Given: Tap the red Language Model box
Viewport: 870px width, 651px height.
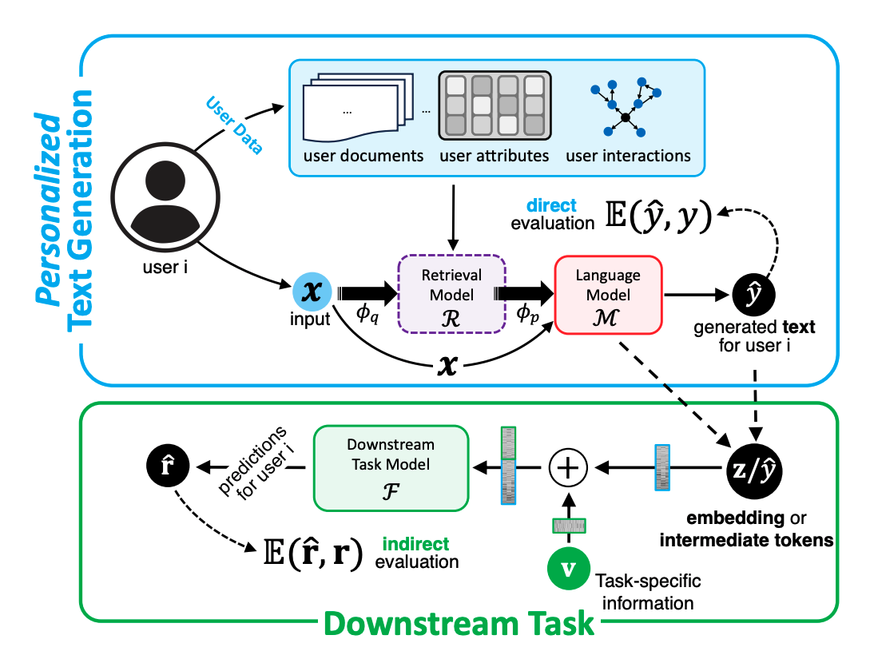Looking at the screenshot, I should coord(608,295).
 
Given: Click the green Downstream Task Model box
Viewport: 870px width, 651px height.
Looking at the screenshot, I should coord(391,467).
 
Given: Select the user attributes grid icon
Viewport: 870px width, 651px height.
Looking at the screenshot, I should coord(495,105).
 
